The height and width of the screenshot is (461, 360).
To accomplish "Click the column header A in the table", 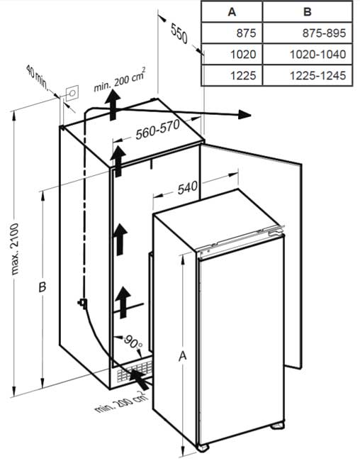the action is pyautogui.click(x=232, y=12).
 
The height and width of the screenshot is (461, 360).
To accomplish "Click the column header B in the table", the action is pyautogui.click(x=307, y=12).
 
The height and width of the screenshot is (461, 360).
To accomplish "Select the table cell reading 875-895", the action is pyautogui.click(x=324, y=33).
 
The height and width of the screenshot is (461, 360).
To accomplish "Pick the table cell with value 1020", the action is pyautogui.click(x=243, y=55).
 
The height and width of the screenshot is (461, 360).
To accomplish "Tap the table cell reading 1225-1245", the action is pyautogui.click(x=318, y=76).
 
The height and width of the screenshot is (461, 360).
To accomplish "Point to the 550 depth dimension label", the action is pyautogui.click(x=179, y=33).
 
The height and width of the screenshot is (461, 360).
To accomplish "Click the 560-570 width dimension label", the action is pyautogui.click(x=158, y=130).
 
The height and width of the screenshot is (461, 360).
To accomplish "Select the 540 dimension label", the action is pyautogui.click(x=188, y=187).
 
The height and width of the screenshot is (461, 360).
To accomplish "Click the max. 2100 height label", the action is pyautogui.click(x=14, y=249).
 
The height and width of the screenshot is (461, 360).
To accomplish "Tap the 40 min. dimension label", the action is pyautogui.click(x=38, y=77).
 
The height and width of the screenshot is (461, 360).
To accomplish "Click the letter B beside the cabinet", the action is pyautogui.click(x=43, y=287).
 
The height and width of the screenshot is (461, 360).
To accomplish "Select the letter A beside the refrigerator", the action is pyautogui.click(x=183, y=356).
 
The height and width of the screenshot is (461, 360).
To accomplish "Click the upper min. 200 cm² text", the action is pyautogui.click(x=120, y=79).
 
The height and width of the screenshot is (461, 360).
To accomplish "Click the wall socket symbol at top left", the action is pyautogui.click(x=72, y=93).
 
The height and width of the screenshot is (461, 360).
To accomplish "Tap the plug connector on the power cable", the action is pyautogui.click(x=82, y=303).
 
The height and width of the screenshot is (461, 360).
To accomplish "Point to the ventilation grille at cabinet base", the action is pyautogui.click(x=135, y=371).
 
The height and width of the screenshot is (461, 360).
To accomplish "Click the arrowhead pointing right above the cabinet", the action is pyautogui.click(x=244, y=115).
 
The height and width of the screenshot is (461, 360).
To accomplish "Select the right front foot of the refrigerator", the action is pyautogui.click(x=277, y=425).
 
